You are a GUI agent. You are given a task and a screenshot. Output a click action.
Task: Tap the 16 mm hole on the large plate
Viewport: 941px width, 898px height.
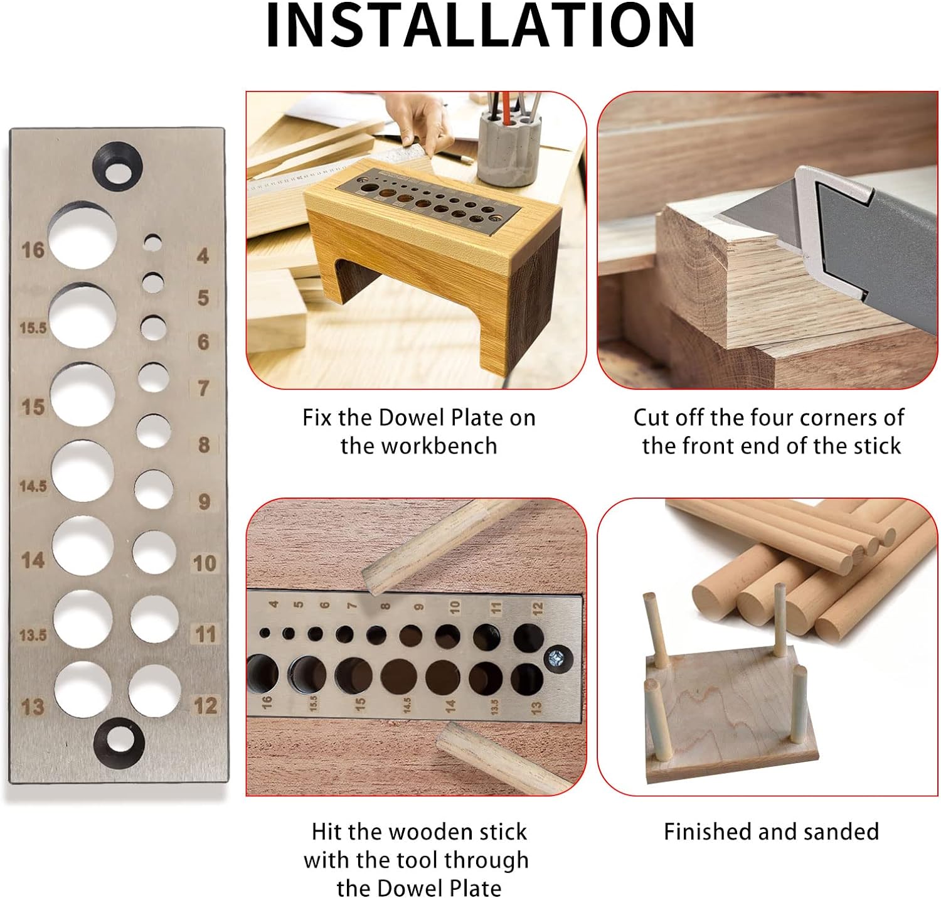coord(82,235)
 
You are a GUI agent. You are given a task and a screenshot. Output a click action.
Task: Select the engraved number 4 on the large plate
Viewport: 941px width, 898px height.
coord(203,256)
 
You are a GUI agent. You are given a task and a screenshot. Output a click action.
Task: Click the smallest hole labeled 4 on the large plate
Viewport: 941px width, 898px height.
coord(152,242)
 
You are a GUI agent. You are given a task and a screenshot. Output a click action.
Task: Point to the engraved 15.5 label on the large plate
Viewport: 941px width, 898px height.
coord(33,328)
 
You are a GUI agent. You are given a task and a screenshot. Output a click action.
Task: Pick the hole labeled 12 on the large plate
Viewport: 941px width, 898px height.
coord(154,691)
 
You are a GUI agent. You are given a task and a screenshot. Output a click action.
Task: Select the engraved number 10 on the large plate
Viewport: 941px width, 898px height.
coord(205,564)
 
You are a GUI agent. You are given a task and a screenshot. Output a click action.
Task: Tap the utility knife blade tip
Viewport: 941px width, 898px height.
coord(715,217)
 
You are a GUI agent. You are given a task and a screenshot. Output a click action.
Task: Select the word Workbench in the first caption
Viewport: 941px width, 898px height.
coord(419,446)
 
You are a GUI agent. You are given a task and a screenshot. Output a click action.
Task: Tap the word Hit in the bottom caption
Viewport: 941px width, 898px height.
coord(327,832)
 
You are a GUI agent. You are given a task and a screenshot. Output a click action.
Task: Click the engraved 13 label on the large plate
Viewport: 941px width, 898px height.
coord(32,707)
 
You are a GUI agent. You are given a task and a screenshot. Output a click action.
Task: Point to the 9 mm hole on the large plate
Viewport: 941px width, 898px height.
coord(153,489)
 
